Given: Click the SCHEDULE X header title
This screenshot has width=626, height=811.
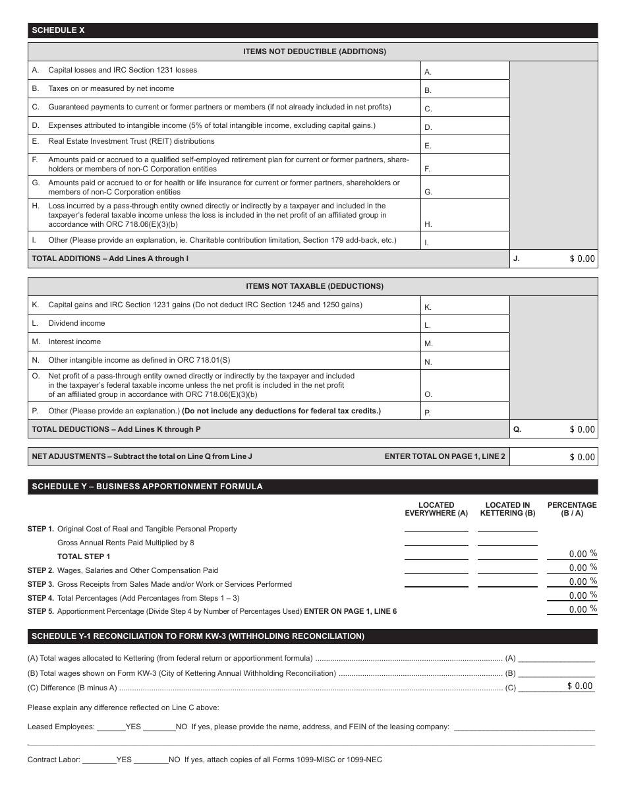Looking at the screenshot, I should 59,30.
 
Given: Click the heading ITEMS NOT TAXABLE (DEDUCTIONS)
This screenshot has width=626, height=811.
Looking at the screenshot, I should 314,286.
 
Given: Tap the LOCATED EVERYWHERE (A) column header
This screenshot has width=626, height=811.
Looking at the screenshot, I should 436,509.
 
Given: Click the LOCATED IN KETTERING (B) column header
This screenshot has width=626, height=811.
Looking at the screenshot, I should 507,509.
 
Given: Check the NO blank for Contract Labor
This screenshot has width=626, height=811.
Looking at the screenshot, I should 151,760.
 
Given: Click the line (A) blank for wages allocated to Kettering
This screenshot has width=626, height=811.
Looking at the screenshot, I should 557,657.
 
